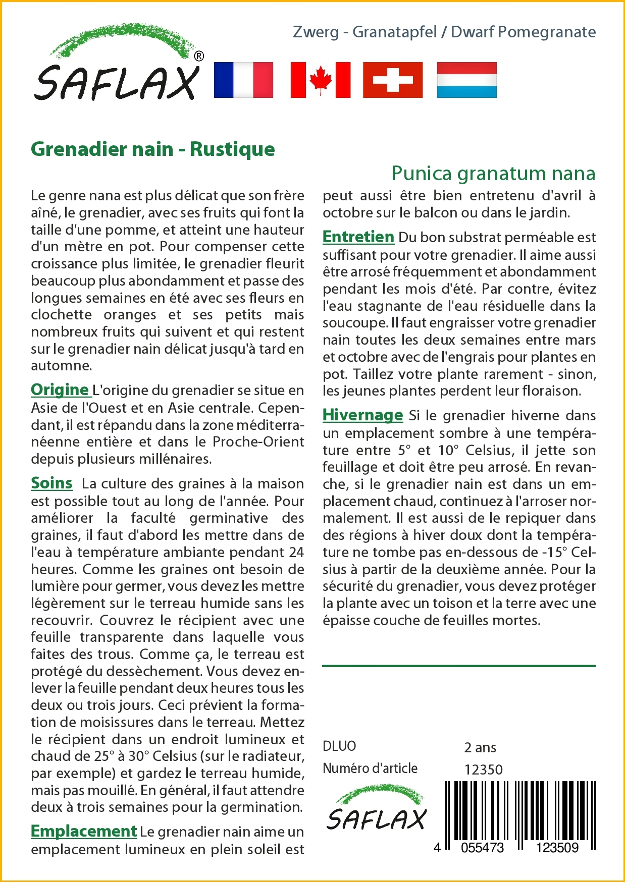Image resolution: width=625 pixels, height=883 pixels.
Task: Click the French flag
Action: pos(243,80)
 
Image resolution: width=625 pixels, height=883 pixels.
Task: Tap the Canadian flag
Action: pos(321,80)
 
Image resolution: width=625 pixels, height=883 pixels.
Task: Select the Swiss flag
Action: pos(393,80)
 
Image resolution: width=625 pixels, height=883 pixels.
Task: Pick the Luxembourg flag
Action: pos(466,80)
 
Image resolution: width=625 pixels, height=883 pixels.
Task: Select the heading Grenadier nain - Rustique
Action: pos(153,149)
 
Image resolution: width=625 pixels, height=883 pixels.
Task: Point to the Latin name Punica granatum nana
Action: pos(493,173)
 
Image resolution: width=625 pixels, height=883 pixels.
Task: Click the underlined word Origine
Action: pos(60,390)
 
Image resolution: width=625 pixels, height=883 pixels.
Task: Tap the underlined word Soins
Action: pos(51,483)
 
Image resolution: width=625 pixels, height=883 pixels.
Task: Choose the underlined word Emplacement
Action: pos(84,831)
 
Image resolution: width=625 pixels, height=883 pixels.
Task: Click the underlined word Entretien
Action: pos(358,237)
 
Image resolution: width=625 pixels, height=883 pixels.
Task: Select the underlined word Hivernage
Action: pos(363,415)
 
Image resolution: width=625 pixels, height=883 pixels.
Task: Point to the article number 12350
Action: pos(484,769)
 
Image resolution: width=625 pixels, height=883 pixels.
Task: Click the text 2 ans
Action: pos(480,747)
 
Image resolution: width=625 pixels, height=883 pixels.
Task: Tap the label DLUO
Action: pos(339,746)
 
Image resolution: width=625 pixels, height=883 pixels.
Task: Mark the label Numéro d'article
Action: pos(370,768)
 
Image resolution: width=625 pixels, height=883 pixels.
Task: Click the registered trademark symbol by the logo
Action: pos(199,56)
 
